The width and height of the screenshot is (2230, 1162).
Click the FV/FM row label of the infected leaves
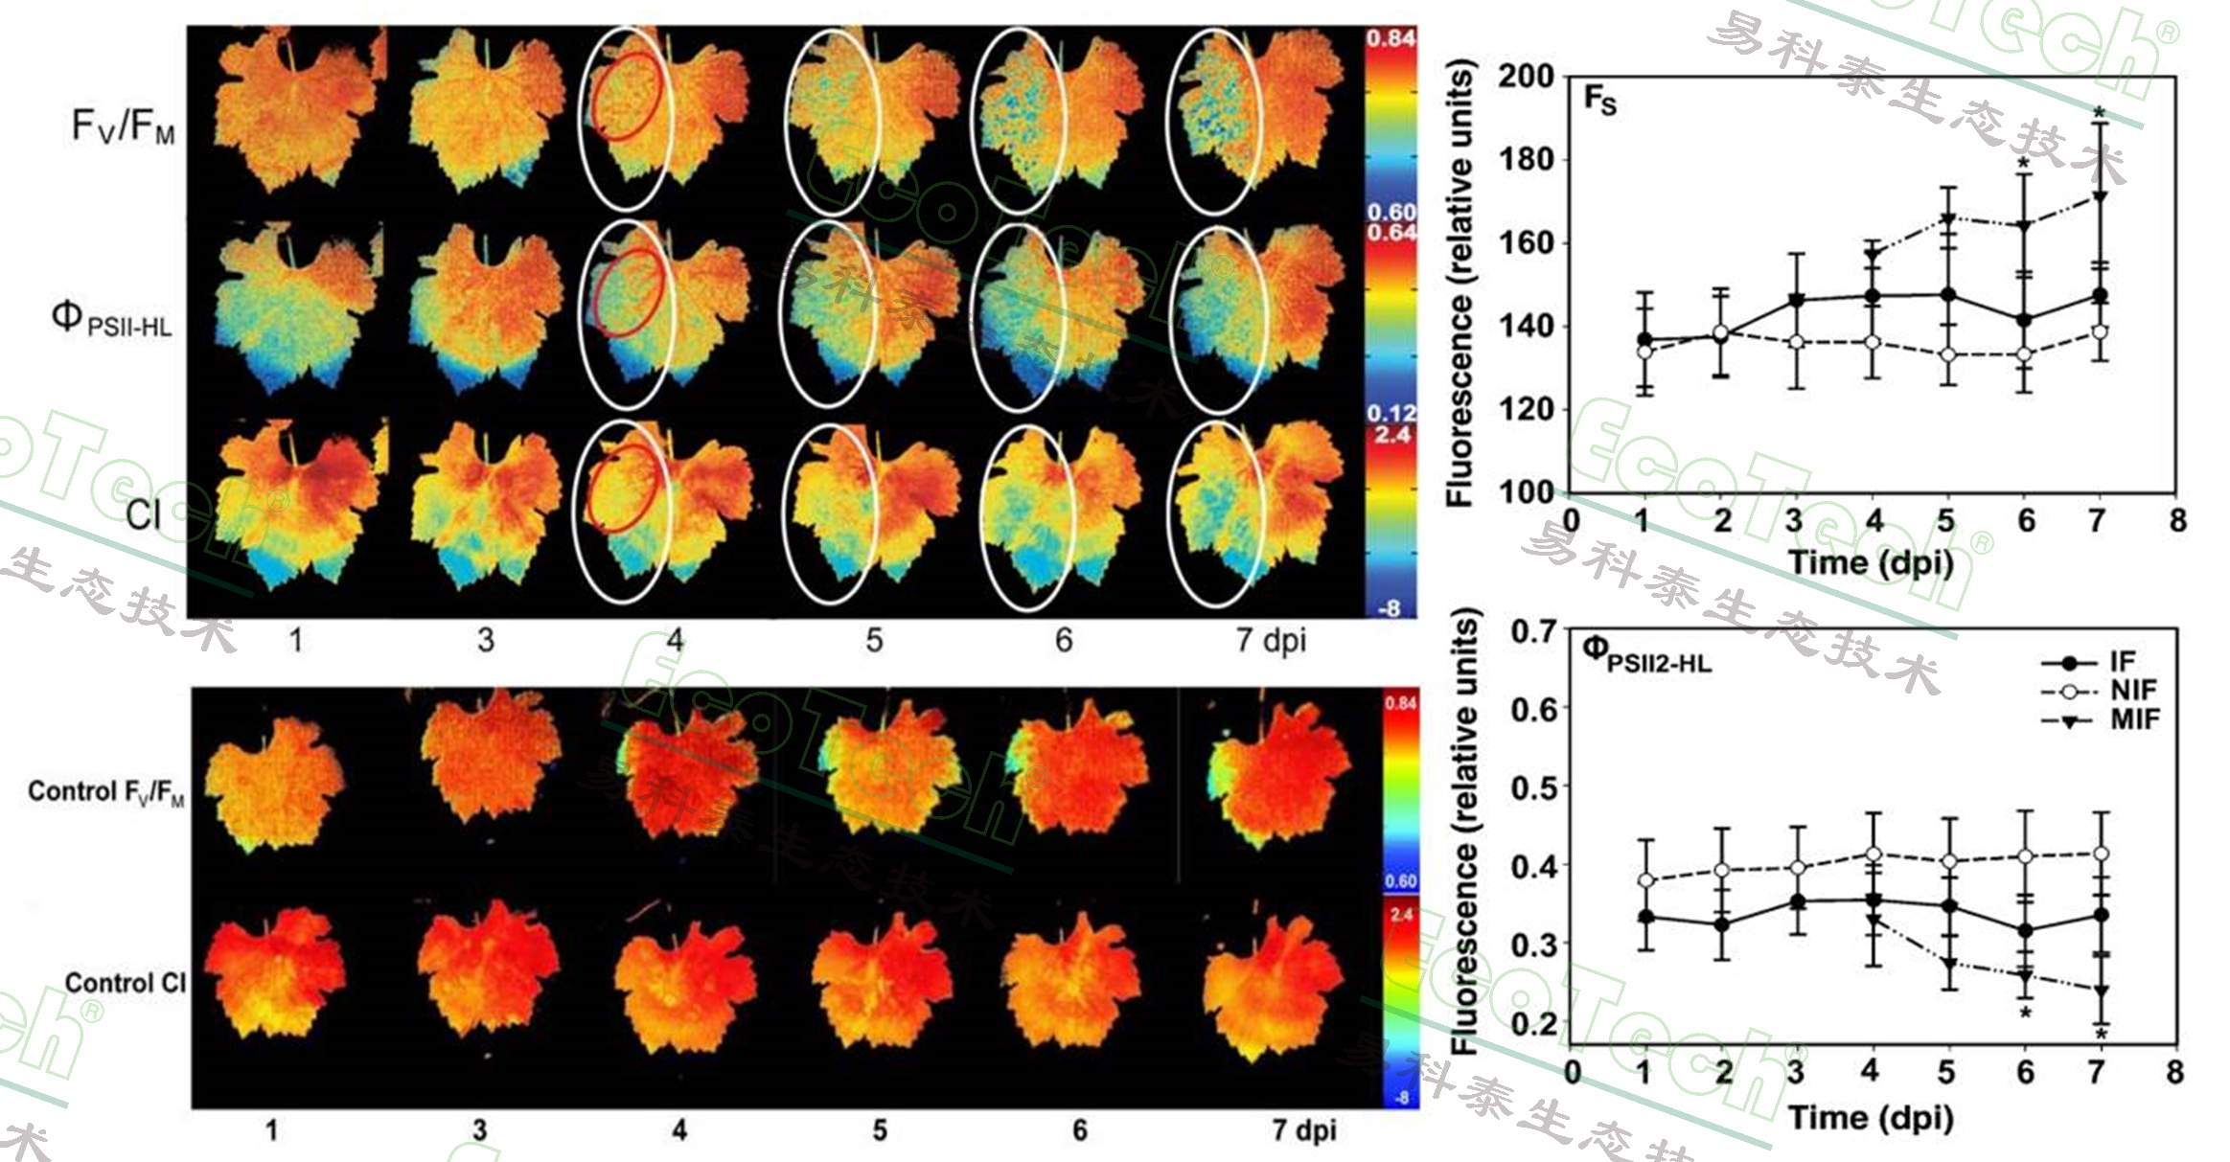point(123,125)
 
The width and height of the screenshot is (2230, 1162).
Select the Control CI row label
point(125,983)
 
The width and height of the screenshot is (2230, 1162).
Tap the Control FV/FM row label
point(105,792)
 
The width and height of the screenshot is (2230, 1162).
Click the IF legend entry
point(2121,662)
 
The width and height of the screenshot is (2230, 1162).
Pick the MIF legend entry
point(2133,718)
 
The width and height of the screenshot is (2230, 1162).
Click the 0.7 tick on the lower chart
point(1533,632)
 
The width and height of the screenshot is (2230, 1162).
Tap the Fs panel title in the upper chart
point(1599,99)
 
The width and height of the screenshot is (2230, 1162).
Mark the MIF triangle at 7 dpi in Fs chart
point(2099,197)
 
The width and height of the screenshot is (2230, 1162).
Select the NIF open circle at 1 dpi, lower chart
point(1645,879)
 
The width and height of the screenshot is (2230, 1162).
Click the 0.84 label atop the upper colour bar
point(1391,38)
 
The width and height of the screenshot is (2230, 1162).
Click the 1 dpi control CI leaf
point(274,977)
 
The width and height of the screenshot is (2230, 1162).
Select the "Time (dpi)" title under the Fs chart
point(1870,562)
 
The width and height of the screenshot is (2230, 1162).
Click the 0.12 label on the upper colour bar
point(1391,413)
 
